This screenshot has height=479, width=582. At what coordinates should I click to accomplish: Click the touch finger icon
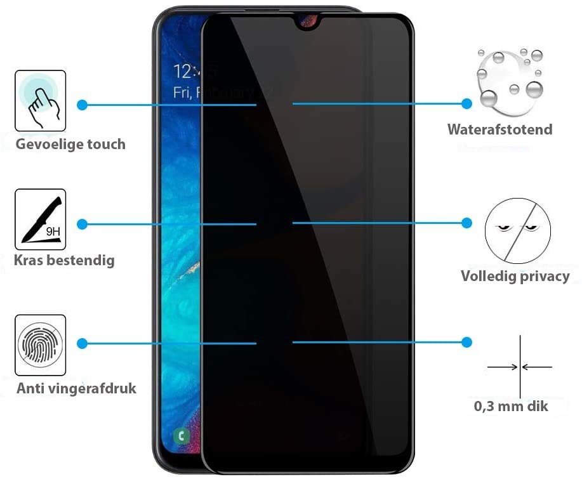[x=41, y=100]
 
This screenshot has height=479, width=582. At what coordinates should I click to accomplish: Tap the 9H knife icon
[x=41, y=219]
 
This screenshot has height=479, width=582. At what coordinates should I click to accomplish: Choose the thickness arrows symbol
[x=520, y=366]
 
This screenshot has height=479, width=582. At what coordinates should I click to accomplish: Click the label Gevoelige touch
[x=70, y=145]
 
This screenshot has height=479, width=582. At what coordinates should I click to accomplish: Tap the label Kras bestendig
[x=65, y=260]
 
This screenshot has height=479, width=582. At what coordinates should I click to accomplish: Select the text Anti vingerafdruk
[x=76, y=388]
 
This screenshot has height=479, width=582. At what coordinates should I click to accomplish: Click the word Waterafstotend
[x=500, y=130]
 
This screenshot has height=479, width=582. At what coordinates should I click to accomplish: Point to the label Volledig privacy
[x=515, y=276]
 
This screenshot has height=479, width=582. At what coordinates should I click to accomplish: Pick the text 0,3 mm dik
[x=511, y=405]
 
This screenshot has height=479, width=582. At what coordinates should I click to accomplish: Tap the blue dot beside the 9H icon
[x=83, y=223]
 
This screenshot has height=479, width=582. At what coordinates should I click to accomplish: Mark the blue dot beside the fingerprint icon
[x=83, y=343]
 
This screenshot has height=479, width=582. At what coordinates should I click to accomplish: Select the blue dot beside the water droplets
[x=466, y=103]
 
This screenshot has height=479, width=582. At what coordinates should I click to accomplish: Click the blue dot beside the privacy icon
[x=466, y=223]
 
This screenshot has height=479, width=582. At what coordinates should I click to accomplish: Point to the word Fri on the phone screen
[x=183, y=93]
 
